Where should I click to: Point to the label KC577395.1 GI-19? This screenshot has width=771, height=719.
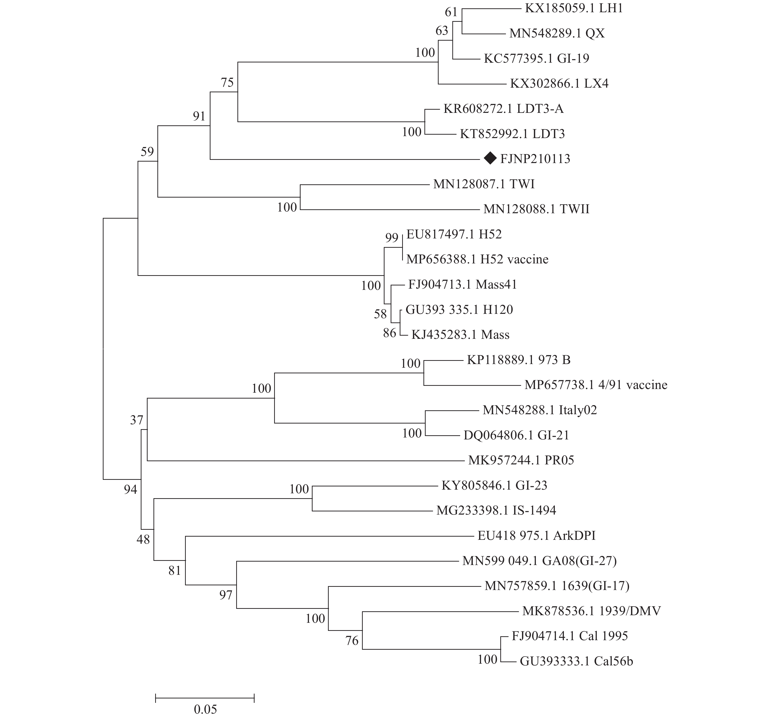536,59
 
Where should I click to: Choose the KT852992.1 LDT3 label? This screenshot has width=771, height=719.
512,134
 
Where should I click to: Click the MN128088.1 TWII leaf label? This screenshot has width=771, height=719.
536,209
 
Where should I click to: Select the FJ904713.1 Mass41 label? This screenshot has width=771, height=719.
462,285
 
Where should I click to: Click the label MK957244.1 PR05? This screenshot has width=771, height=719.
521,460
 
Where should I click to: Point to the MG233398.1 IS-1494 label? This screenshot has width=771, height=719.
496,510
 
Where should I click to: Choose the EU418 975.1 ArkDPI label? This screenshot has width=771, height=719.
536,536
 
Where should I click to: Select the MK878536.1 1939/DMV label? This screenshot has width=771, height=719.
591,611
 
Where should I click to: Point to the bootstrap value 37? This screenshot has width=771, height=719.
137,420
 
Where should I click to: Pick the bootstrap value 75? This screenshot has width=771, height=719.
227,83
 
